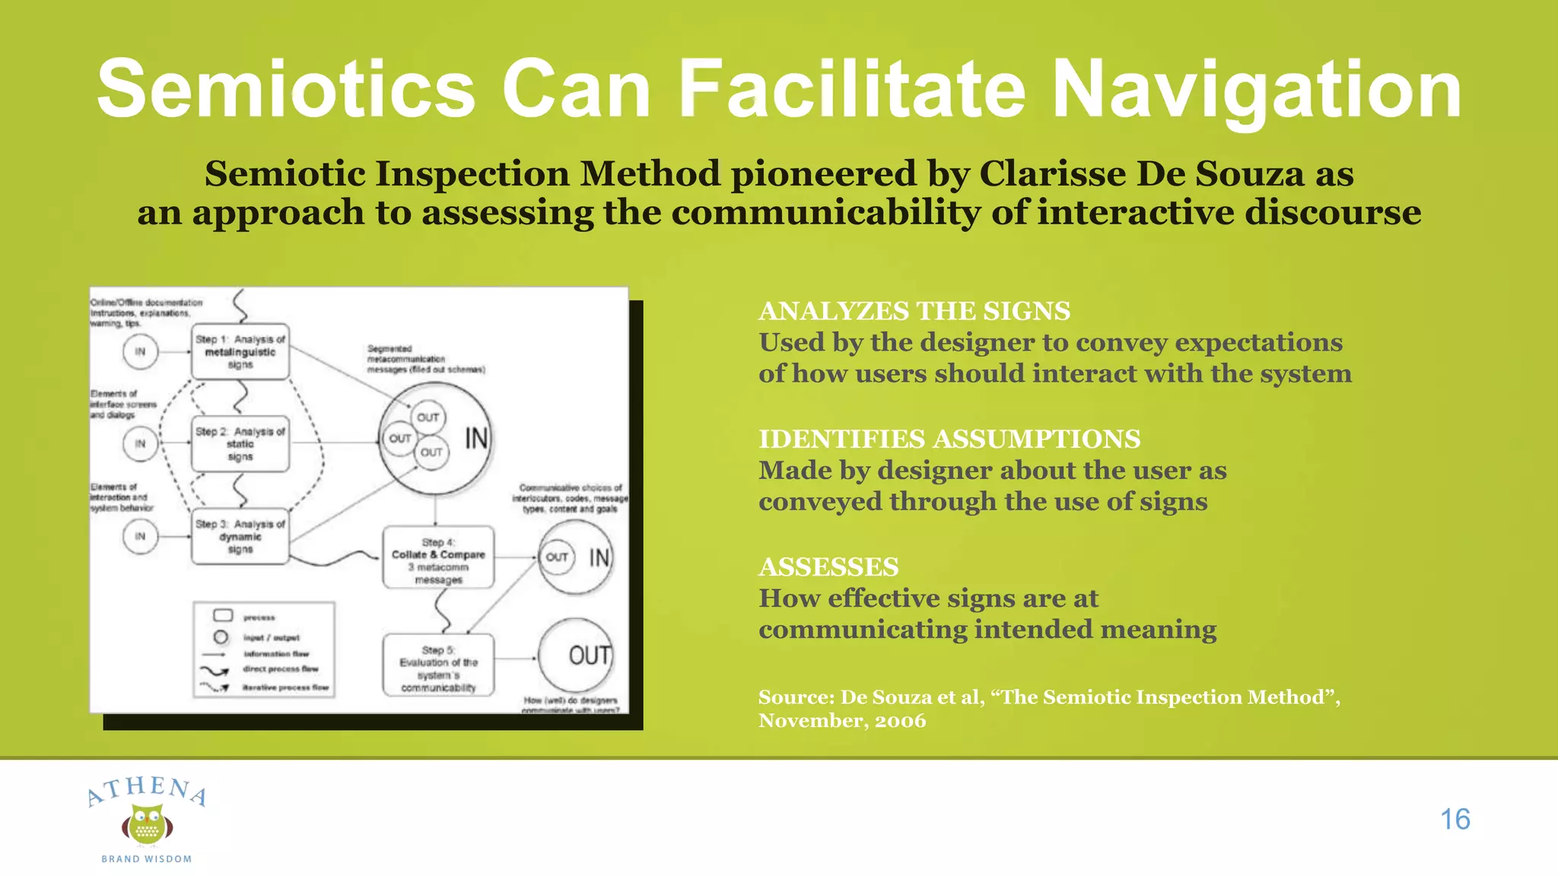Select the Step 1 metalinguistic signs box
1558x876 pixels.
click(240, 352)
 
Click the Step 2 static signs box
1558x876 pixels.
click(240, 444)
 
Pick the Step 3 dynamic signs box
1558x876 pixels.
click(240, 536)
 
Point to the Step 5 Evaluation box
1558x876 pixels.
click(438, 665)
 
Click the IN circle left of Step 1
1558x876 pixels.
click(140, 352)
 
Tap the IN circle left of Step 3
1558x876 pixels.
click(140, 536)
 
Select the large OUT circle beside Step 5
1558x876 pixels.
click(576, 655)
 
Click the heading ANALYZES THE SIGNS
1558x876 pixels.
click(914, 311)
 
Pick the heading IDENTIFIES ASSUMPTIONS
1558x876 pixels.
click(949, 439)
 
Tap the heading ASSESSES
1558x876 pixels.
click(828, 567)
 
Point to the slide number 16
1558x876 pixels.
click(1455, 819)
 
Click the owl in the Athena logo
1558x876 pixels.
click(147, 825)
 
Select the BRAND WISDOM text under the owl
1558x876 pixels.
click(147, 859)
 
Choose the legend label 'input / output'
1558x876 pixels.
click(271, 637)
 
